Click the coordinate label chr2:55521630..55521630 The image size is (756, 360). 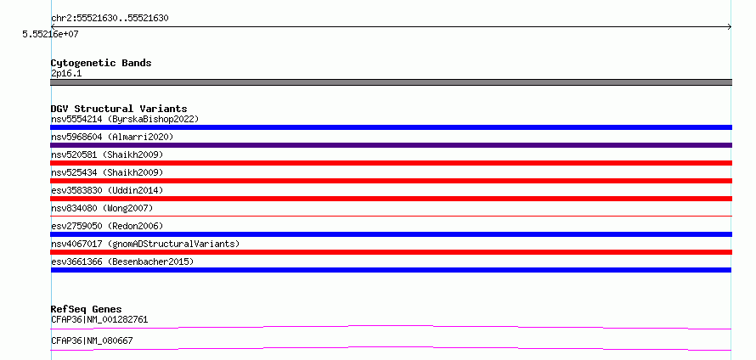click(x=110, y=19)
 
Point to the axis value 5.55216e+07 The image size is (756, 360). click(x=50, y=34)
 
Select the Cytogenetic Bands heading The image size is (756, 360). click(x=101, y=63)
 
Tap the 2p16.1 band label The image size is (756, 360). click(x=66, y=73)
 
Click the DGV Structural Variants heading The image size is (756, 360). click(x=119, y=109)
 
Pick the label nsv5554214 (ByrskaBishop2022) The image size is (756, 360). click(x=125, y=119)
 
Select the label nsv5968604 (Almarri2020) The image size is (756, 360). click(x=112, y=137)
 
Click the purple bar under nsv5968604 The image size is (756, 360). click(x=391, y=145)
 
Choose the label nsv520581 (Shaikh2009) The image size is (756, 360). click(x=107, y=155)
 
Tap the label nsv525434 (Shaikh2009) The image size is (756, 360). click(x=107, y=172)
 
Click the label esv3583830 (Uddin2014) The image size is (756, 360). click(x=107, y=190)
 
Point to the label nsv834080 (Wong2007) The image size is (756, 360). click(x=102, y=208)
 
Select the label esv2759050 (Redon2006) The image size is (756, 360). click(x=107, y=226)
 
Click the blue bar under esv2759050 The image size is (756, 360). click(x=391, y=234)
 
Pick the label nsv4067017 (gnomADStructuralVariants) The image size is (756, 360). click(x=145, y=244)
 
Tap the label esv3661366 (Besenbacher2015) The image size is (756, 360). click(x=122, y=262)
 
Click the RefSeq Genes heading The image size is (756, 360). click(x=87, y=309)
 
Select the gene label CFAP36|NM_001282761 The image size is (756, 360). click(x=99, y=319)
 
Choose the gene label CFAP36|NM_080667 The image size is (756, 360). click(x=92, y=340)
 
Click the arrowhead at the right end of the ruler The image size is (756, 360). click(x=730, y=27)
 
